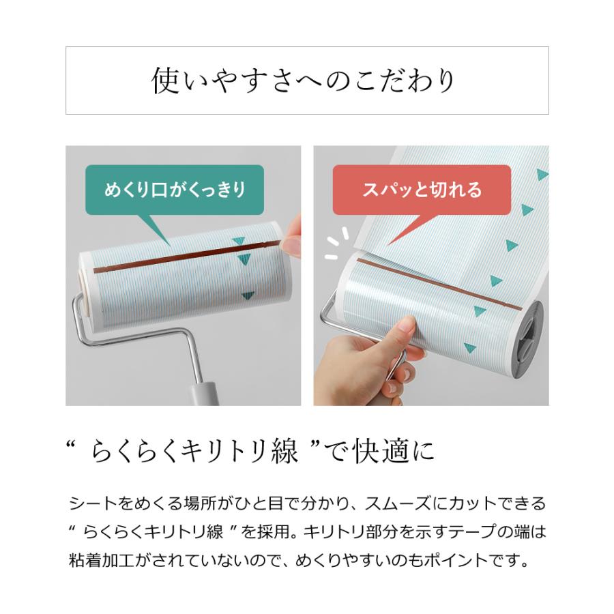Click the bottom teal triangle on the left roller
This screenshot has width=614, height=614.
click(x=248, y=295)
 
